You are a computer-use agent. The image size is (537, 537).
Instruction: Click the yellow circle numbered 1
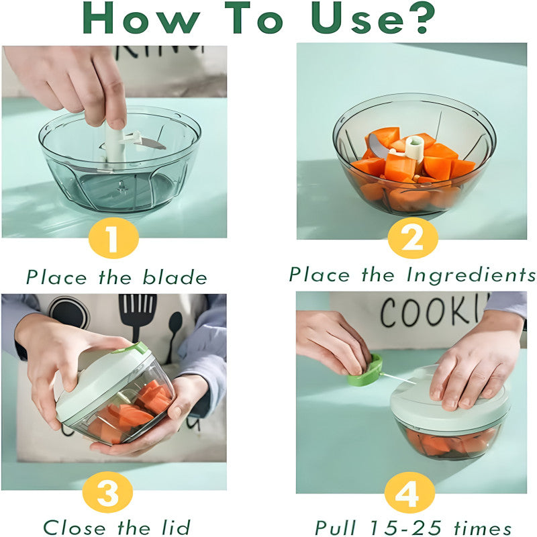pyautogui.click(x=113, y=239)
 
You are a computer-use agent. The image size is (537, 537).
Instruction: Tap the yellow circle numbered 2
pyautogui.click(x=412, y=239)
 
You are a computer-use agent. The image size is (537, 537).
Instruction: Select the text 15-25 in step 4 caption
pyautogui.click(x=410, y=527)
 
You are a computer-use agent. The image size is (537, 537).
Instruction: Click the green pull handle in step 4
pyautogui.click(x=366, y=373)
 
